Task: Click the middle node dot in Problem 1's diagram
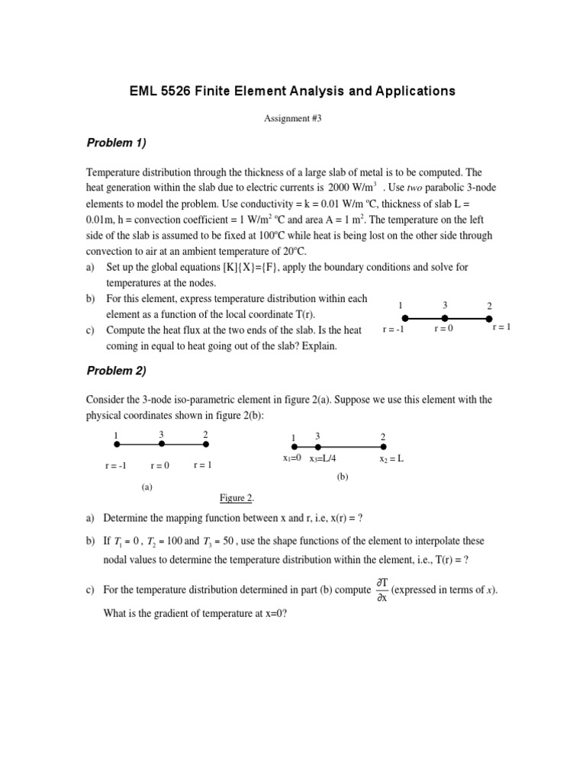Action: pos(445,318)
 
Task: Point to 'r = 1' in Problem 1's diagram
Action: pos(501,327)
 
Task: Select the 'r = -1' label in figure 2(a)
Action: pos(116,465)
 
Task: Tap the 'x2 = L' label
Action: pos(391,459)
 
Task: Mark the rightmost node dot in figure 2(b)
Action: pos(384,447)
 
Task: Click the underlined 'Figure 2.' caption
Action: pos(237,498)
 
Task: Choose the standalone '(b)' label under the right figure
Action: pos(342,477)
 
